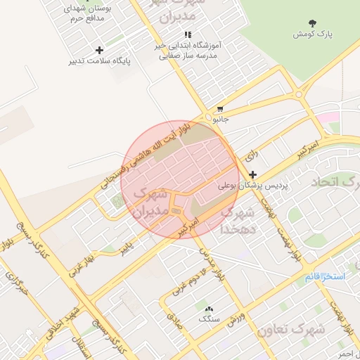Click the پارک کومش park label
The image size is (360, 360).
[x=313, y=34]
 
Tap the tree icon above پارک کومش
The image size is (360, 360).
[x=313, y=23]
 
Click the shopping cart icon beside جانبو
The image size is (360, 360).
[x=221, y=110]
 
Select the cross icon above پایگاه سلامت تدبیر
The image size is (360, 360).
[x=99, y=50]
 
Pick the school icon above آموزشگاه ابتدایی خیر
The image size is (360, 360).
[x=187, y=34]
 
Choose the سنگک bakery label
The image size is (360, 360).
[x=208, y=319]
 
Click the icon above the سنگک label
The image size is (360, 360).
[x=208, y=309]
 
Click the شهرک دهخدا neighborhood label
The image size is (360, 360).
[x=238, y=219]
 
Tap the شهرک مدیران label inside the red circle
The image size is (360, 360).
[x=150, y=200]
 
